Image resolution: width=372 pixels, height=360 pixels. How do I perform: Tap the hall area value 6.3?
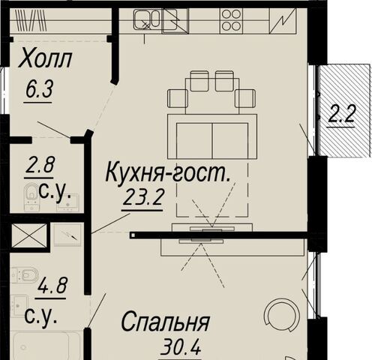click(x=39, y=90)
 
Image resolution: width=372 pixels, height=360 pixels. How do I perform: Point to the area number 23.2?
click(x=143, y=197)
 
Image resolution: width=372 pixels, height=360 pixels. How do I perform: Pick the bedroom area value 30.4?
click(x=181, y=347)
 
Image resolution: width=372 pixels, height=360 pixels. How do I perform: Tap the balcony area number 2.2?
click(x=341, y=114)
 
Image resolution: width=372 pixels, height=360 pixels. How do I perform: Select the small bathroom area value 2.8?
click(x=39, y=165)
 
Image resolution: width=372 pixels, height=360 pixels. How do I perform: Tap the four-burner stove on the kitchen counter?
click(x=231, y=21)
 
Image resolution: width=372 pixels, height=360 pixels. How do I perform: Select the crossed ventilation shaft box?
click(x=29, y=235)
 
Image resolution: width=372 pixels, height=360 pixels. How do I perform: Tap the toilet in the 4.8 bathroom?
click(x=25, y=274)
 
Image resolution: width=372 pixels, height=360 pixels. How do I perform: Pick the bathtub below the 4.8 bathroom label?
click(x=41, y=346)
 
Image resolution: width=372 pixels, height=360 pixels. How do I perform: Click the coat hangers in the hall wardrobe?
click(x=31, y=21)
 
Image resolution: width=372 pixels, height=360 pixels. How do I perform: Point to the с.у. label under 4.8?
click(x=40, y=316)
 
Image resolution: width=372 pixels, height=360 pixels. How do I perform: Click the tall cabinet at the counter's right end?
click(x=283, y=21)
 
